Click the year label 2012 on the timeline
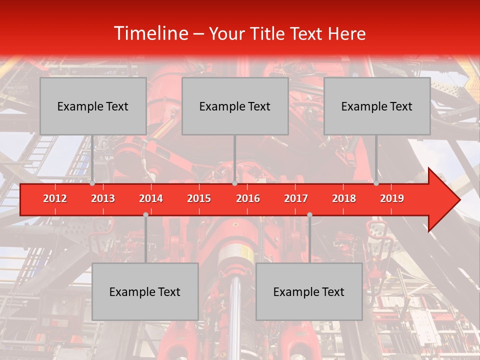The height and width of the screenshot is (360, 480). (x=55, y=198)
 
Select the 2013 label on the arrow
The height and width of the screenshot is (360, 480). (x=103, y=198)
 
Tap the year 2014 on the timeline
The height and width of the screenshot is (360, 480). (x=151, y=198)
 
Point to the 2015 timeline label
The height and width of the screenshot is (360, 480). (x=199, y=198)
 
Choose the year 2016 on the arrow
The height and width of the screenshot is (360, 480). (x=248, y=198)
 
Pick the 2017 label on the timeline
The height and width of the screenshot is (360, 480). (x=296, y=198)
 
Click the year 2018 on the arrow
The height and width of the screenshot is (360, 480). (x=344, y=198)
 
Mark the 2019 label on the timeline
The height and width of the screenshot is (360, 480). (x=392, y=198)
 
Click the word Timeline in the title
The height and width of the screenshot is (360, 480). (x=150, y=33)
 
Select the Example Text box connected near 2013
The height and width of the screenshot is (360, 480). (x=93, y=106)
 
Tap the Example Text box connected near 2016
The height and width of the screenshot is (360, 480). (x=235, y=106)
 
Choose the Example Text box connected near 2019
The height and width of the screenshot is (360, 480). (x=377, y=106)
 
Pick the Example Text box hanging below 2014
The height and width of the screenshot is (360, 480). (x=145, y=291)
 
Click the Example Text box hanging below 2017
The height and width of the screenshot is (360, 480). (x=309, y=291)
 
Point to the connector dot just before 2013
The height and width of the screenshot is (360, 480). (x=92, y=183)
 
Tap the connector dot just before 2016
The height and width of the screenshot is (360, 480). (x=234, y=183)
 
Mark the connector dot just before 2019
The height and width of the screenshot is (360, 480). (x=376, y=183)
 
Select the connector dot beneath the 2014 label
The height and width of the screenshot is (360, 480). (x=145, y=214)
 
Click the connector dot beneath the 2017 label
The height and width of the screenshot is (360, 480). (x=309, y=214)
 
